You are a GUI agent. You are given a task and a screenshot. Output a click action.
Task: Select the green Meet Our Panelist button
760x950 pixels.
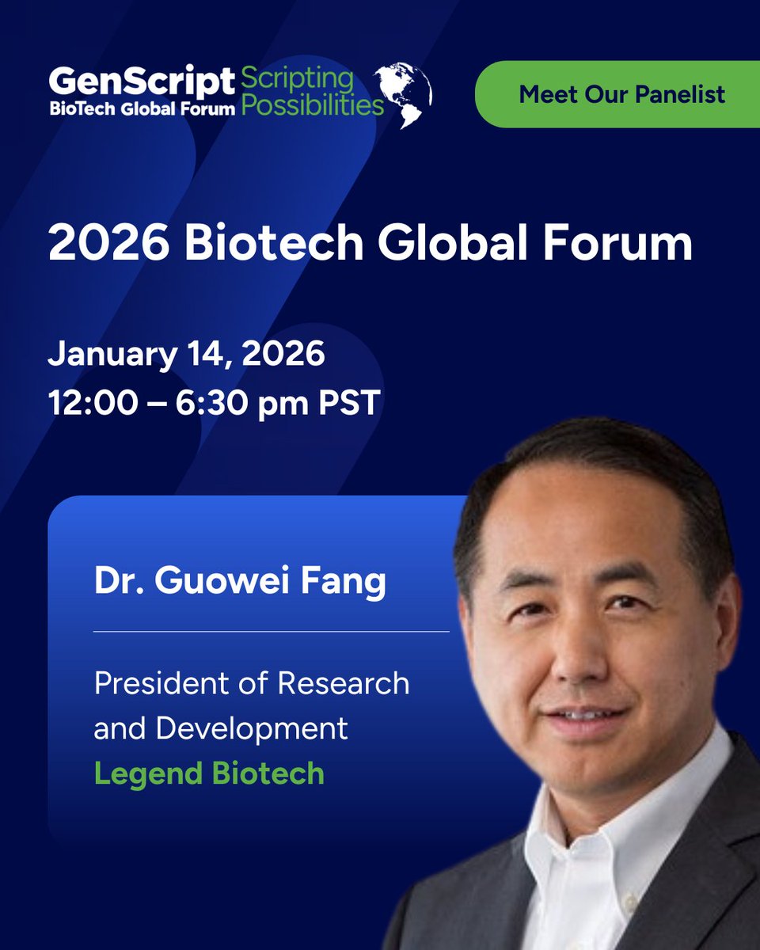(621, 95)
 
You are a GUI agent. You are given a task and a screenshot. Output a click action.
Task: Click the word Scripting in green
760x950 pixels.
(297, 79)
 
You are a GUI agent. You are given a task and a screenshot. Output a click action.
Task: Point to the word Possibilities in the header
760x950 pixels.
(312, 106)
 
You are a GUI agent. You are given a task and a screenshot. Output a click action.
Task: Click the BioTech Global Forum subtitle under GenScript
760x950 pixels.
(142, 108)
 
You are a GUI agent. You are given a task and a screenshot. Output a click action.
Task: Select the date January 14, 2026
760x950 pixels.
(186, 354)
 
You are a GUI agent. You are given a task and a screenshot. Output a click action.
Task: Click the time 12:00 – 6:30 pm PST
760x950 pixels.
(215, 403)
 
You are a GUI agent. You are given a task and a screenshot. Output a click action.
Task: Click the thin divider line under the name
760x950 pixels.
(271, 632)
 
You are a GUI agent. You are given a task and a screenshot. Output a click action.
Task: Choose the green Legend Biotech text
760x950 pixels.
(209, 773)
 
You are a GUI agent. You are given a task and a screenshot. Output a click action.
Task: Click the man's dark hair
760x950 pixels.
(602, 467)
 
